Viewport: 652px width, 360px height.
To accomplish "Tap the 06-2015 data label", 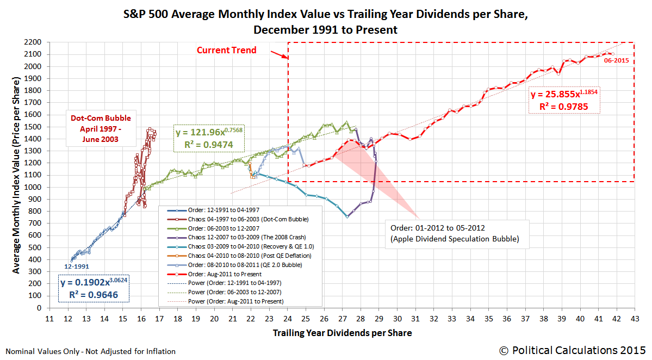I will [x=616, y=61].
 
